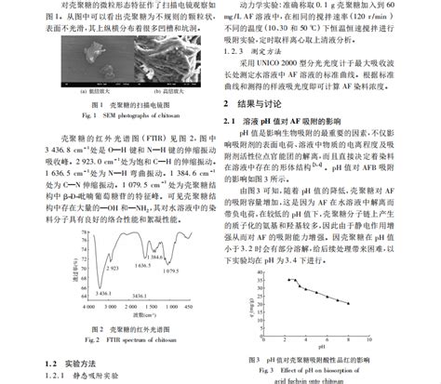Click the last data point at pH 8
(349, 303)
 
